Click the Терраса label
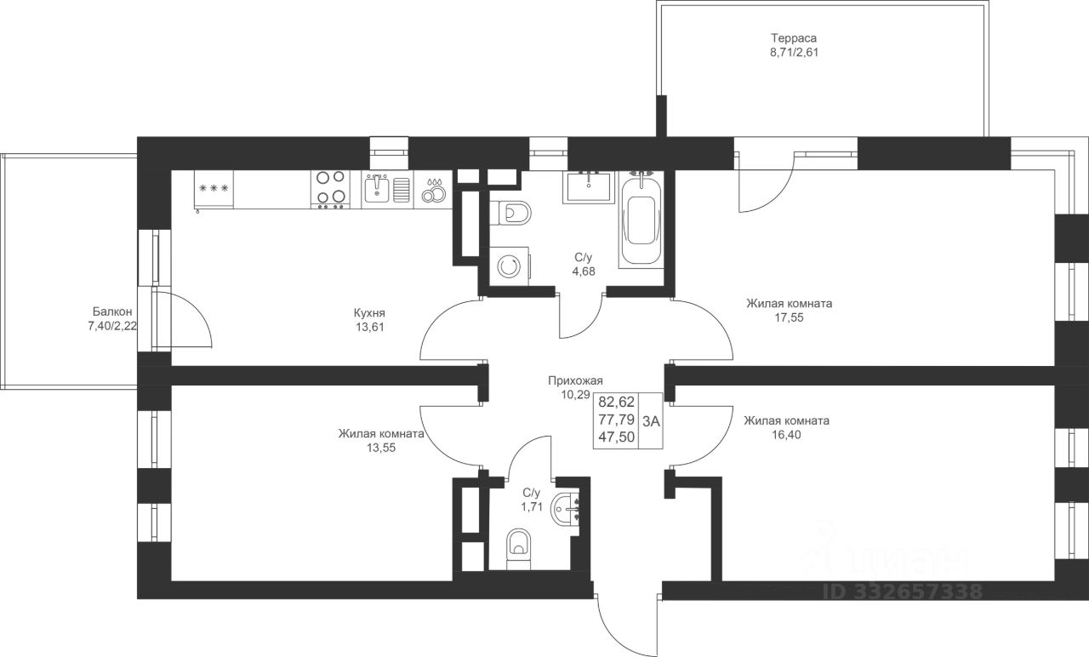point(794,38)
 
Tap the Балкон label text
point(112,311)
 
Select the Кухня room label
point(369,312)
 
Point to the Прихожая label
point(575,380)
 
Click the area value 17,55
point(790,317)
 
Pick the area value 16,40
point(787,434)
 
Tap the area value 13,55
point(381,448)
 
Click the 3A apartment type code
point(651,421)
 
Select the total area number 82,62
point(617,402)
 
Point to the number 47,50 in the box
point(617,437)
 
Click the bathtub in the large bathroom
point(641,220)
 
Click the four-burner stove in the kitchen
point(331,190)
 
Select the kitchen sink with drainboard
point(387,190)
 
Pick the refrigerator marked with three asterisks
point(214,190)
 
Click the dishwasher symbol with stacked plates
point(433,190)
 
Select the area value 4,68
point(584,271)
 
